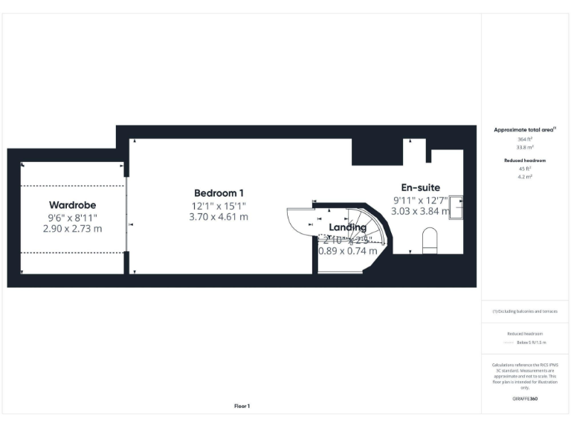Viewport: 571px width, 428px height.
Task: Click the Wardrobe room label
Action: pyautogui.click(x=73, y=204)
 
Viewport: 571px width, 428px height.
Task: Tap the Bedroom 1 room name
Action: pyautogui.click(x=219, y=193)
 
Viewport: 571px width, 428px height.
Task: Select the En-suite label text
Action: pyautogui.click(x=421, y=187)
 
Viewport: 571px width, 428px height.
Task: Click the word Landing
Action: pyautogui.click(x=348, y=227)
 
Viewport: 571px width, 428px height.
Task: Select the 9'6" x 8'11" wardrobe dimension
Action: pyautogui.click(x=73, y=217)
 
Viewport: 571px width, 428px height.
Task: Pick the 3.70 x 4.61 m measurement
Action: pyautogui.click(x=219, y=217)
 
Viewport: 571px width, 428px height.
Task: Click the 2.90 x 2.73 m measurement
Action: pyautogui.click(x=73, y=229)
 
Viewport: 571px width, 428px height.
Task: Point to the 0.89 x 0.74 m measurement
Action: pyautogui.click(x=348, y=251)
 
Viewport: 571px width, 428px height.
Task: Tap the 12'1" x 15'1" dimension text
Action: pyautogui.click(x=219, y=205)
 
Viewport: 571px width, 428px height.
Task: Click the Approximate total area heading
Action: pyautogui.click(x=525, y=130)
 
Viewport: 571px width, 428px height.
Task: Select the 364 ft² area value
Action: pyautogui.click(x=525, y=139)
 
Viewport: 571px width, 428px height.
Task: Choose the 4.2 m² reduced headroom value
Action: pyautogui.click(x=525, y=177)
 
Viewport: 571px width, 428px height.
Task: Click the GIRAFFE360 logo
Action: pyautogui.click(x=525, y=399)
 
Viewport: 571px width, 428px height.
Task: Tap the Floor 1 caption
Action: pyautogui.click(x=242, y=406)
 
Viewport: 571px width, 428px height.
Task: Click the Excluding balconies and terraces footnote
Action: pyautogui.click(x=525, y=311)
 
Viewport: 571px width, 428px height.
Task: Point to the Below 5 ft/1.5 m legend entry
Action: pyautogui.click(x=531, y=343)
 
